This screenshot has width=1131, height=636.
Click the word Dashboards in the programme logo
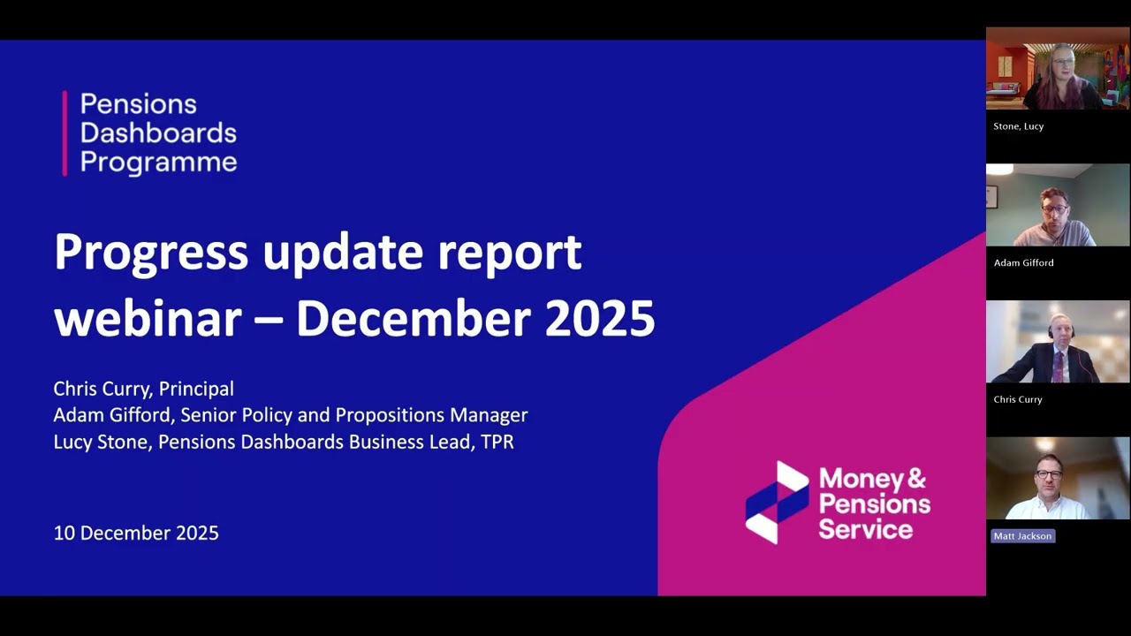point(158,133)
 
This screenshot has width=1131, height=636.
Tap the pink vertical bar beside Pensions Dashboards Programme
point(65,133)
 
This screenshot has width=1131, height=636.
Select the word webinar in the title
point(148,318)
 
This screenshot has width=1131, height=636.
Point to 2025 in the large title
point(599,318)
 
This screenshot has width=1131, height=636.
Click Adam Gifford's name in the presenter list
point(112,415)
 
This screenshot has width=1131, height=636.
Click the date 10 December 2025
point(136,533)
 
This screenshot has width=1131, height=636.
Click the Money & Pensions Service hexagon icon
point(777,502)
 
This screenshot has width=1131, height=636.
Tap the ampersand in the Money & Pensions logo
point(916,479)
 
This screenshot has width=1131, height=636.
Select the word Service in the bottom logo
point(865,529)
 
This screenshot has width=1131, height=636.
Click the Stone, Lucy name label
point(1018,126)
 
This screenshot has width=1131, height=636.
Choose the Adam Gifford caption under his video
point(1023,262)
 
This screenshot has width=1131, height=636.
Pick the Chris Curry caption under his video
point(1017,399)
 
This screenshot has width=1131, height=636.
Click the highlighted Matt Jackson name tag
point(1022,536)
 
